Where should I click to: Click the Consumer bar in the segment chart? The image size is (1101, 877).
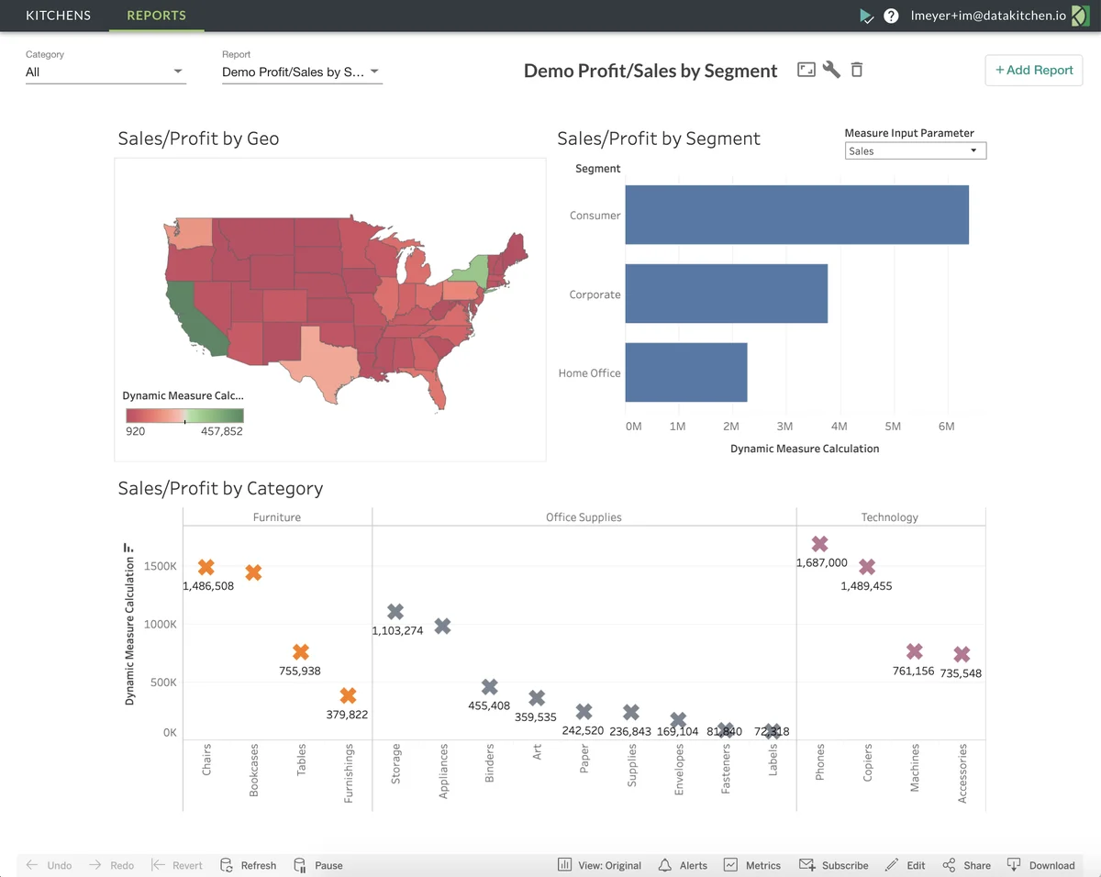(x=796, y=215)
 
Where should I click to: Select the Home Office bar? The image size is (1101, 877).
(x=685, y=372)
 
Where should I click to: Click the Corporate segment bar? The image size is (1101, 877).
(x=726, y=294)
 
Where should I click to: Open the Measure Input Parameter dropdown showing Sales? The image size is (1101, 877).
(x=915, y=151)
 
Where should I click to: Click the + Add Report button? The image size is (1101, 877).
(x=1033, y=71)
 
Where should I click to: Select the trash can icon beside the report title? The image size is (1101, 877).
(x=857, y=70)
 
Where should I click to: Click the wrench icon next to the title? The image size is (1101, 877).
(x=831, y=70)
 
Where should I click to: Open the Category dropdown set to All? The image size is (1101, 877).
(x=105, y=72)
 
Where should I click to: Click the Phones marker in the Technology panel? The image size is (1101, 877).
(x=819, y=544)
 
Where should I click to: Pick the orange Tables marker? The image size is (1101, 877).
(x=301, y=652)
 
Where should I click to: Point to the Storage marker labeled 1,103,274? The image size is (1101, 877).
(x=395, y=612)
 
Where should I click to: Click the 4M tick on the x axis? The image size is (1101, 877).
(x=839, y=427)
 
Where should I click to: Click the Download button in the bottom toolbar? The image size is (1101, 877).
(x=1040, y=865)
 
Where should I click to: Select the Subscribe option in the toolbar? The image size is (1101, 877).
(x=834, y=865)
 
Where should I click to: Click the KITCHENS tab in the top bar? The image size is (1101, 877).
(x=58, y=16)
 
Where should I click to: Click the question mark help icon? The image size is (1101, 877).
(x=891, y=16)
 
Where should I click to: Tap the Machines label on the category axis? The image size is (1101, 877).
(x=915, y=769)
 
